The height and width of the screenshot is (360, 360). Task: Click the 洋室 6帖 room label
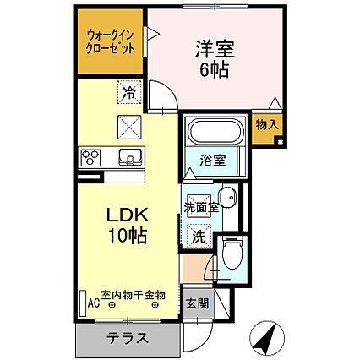tap(215, 59)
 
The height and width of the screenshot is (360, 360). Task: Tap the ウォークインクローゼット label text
tap(110, 42)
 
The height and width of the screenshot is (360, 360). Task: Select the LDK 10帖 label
tap(128, 225)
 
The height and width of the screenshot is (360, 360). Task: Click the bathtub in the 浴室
tap(215, 133)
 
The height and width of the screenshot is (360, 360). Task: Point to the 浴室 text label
tap(213, 160)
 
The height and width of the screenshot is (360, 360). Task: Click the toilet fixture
tap(232, 253)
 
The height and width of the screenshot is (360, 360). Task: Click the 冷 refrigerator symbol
tap(129, 92)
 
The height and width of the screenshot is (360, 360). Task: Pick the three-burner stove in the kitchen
tap(90, 157)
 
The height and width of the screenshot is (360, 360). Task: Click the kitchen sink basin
tap(130, 156)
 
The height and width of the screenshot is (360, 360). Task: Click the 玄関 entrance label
tap(198, 303)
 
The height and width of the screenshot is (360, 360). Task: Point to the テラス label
tap(128, 338)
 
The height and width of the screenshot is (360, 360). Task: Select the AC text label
tap(94, 303)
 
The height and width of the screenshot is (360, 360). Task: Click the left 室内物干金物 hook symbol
tap(112, 304)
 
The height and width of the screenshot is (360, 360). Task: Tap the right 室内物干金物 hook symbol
tap(155, 304)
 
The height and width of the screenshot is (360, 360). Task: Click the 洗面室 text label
tap(201, 208)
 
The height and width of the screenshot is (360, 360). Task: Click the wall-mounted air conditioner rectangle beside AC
tap(83, 303)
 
